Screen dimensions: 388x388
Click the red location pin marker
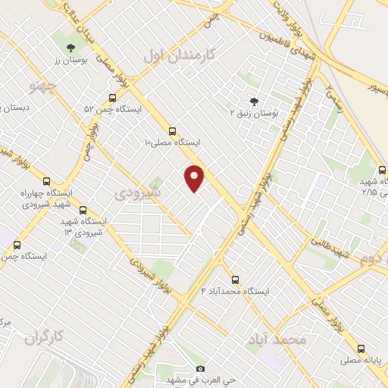[x=195, y=178]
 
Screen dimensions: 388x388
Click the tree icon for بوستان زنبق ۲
[x=253, y=102]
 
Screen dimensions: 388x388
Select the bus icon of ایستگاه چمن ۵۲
[x=112, y=98]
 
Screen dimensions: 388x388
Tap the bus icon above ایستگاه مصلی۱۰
[x=173, y=130]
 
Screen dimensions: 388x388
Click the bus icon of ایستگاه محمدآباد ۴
[x=235, y=280]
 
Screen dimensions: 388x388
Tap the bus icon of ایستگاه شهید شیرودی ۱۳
[x=83, y=210]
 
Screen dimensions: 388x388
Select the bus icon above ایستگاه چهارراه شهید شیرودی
[x=47, y=182]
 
